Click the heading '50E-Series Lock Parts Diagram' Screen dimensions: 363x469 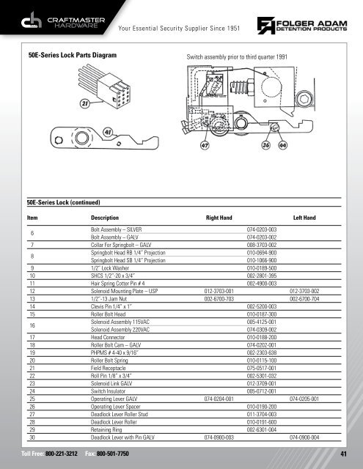pyautogui.click(x=72, y=55)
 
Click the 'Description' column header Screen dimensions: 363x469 pyautogui.click(x=106, y=218)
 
